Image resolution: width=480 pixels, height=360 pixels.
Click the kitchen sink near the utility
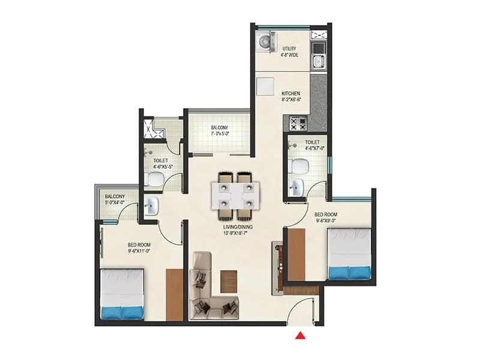click(318, 60)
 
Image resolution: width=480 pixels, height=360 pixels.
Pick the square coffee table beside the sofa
click(228, 281)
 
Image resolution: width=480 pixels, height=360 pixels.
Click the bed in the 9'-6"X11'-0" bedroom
click(122, 293)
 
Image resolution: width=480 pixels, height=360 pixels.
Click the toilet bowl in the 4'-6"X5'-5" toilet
click(155, 178)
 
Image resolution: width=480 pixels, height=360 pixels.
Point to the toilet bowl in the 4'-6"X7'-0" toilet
click(300, 166)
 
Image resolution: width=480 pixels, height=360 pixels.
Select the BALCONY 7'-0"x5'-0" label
click(218, 130)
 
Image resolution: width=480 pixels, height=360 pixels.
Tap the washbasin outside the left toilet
click(150, 207)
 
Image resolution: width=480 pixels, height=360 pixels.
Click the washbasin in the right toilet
click(296, 188)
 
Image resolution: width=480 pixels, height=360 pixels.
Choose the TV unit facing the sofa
click(277, 268)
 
